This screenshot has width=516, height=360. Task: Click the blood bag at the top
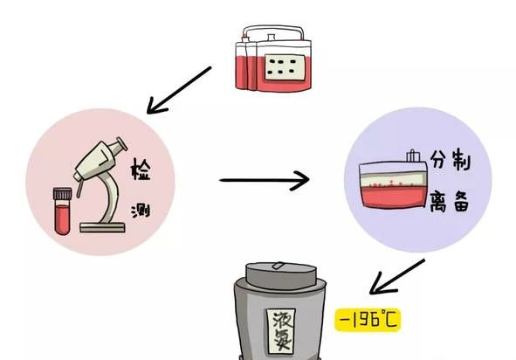(x=273, y=59)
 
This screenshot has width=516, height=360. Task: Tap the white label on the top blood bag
(x=285, y=67)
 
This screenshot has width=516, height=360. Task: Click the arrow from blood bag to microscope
(x=179, y=90)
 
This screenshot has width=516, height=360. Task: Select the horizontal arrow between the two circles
(x=265, y=180)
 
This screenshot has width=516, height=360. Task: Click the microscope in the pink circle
(x=101, y=185)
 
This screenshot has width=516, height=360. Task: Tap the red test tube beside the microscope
(x=62, y=211)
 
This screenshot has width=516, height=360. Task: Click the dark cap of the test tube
(x=62, y=194)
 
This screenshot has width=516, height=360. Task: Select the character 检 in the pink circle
(x=141, y=169)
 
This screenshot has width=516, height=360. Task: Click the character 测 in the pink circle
(x=141, y=211)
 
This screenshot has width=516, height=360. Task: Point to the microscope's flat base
(x=102, y=227)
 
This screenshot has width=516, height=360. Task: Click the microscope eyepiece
(x=119, y=145)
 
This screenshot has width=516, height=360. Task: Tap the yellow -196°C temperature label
(x=368, y=319)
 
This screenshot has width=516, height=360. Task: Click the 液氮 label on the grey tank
(x=281, y=331)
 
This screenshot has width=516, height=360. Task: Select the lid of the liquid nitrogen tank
(x=281, y=275)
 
